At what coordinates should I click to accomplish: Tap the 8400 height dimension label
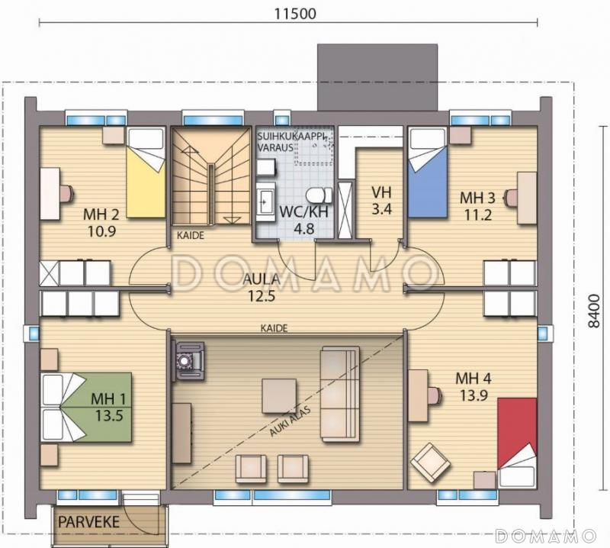pos(594,311)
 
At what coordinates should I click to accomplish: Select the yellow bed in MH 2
pos(146,172)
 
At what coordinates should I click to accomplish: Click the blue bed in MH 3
pos(428,172)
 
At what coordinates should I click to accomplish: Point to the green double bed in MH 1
pos(86,407)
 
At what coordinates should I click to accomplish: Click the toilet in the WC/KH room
pos(319,195)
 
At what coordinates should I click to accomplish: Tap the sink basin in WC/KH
pos(266,201)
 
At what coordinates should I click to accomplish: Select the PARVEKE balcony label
pos(88,522)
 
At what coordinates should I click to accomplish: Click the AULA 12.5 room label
pos(262,288)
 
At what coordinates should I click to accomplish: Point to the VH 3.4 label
pos(381,201)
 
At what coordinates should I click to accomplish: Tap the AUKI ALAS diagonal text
pos(290,421)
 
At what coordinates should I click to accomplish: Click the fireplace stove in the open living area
pos(189,360)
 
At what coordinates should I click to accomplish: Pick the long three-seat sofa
pos(339,394)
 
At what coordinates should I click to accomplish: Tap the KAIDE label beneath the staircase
pos(190,235)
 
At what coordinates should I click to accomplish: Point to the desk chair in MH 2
pos(67,193)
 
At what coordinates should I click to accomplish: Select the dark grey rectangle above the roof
pos(377,77)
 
